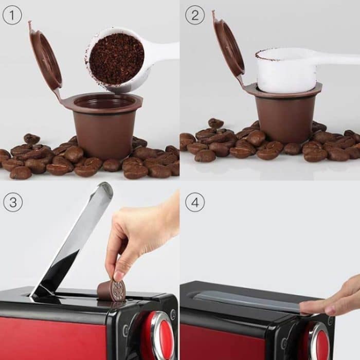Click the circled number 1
tap(12, 15)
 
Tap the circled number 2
tap(194, 15)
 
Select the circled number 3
tap(12, 202)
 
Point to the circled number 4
tap(194, 202)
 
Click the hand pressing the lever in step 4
tap(334, 301)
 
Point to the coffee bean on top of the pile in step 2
tap(215, 123)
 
